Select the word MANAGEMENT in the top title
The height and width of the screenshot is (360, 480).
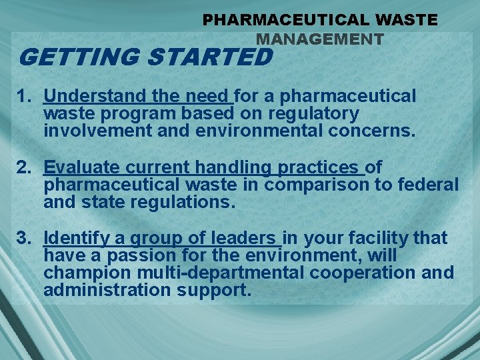click(320, 39)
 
